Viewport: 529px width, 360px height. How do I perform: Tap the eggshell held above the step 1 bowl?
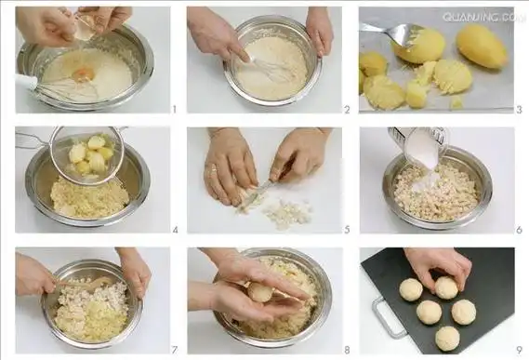[84, 29]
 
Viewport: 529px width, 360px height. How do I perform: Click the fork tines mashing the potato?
[401, 35]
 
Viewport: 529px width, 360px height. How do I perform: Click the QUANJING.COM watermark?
[483, 17]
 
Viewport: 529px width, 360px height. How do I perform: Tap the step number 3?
[518, 109]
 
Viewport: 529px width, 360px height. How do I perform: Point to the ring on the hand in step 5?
[213, 169]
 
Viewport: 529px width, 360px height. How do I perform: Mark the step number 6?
[518, 229]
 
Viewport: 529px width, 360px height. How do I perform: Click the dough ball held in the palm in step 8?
[260, 293]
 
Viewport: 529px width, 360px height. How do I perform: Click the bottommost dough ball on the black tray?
[447, 338]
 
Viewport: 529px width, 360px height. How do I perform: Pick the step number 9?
[518, 349]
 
